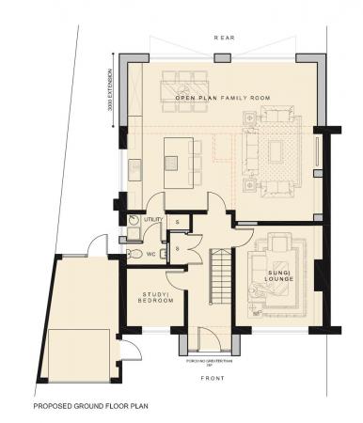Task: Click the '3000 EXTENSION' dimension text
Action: point(110,93)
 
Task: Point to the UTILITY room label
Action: point(152,219)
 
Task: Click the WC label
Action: point(151,254)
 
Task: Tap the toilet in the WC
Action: point(134,254)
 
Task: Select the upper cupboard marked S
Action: point(177,222)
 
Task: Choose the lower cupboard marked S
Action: point(177,247)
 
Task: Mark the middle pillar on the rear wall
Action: point(222,58)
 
